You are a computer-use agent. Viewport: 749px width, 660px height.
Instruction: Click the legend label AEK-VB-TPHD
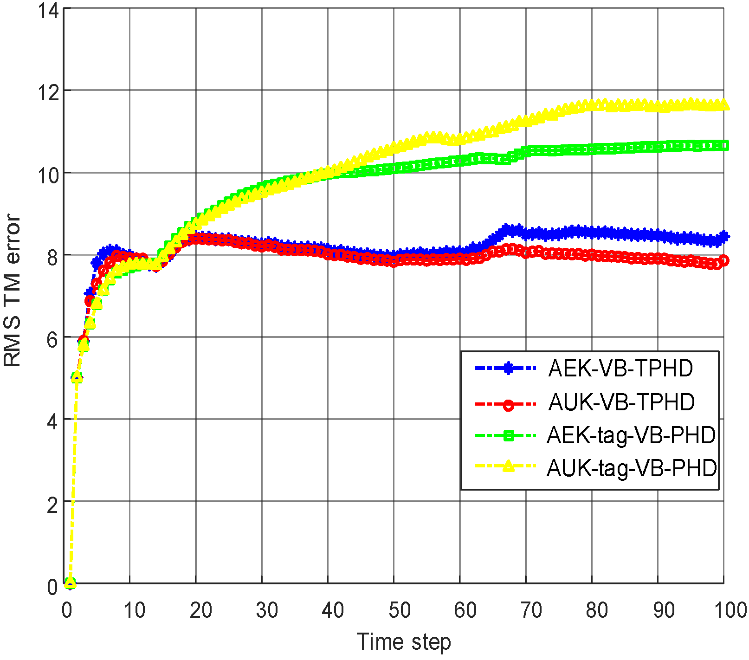tap(620, 369)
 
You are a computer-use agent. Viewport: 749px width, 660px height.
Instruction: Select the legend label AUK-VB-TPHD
tap(621, 402)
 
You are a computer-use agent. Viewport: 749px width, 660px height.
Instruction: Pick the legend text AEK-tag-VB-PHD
tap(631, 435)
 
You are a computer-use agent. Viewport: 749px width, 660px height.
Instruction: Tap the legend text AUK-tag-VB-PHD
tap(632, 468)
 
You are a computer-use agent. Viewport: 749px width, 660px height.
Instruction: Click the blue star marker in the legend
tap(508, 369)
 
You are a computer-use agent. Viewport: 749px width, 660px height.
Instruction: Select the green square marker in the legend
tap(508, 435)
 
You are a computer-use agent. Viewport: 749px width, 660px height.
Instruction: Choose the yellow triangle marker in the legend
tap(509, 466)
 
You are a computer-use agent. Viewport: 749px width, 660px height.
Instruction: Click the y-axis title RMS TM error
tap(13, 291)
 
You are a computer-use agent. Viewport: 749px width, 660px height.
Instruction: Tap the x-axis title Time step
tap(403, 642)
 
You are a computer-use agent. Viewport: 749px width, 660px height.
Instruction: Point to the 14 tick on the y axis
tap(48, 10)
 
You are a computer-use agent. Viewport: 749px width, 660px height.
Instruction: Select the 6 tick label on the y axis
tap(52, 339)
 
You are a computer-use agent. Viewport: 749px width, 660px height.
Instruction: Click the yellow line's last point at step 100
tap(724, 105)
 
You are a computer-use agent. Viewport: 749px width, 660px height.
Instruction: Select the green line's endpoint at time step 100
tap(724, 146)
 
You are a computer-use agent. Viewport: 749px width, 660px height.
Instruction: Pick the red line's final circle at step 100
tap(724, 260)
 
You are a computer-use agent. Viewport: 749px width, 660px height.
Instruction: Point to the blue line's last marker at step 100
tap(724, 237)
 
